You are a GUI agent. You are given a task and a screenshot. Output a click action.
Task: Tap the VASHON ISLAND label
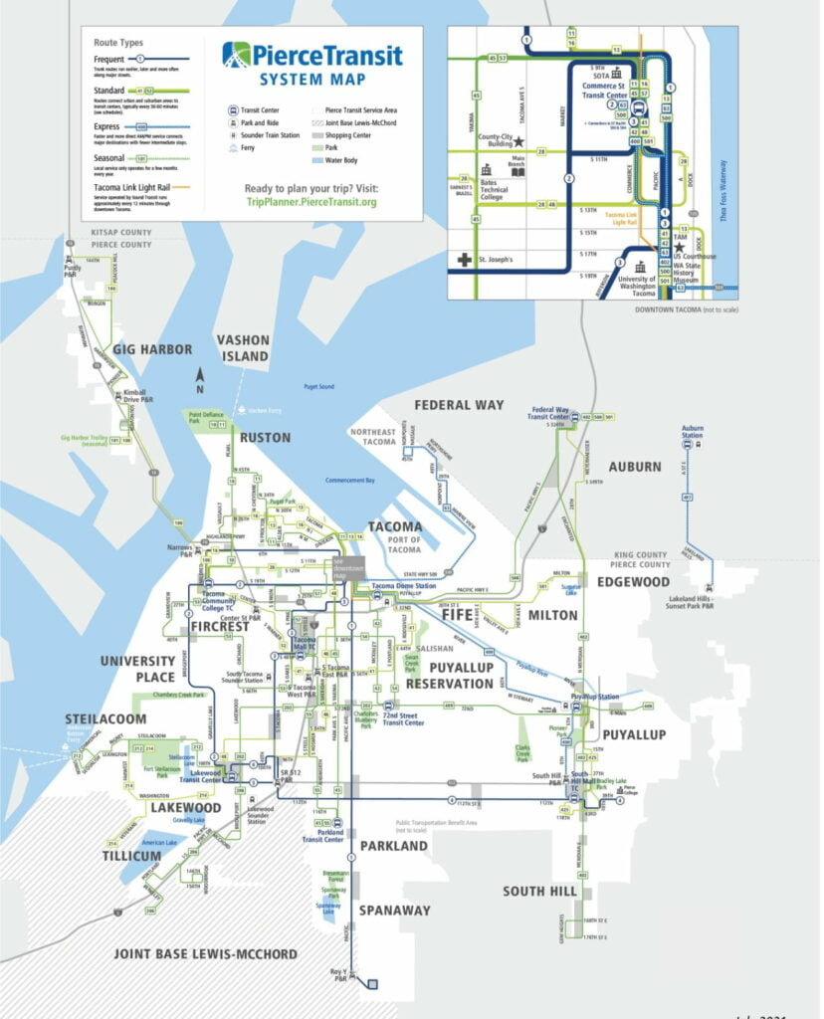click(x=244, y=348)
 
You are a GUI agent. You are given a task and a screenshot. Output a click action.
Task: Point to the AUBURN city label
click(x=634, y=466)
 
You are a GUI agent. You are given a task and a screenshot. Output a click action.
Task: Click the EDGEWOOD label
click(x=634, y=581)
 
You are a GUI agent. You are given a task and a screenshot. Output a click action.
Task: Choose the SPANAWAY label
click(x=394, y=910)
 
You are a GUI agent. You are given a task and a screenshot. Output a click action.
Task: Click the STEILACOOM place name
click(x=106, y=718)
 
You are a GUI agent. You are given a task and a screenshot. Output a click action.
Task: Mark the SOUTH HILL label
click(x=538, y=891)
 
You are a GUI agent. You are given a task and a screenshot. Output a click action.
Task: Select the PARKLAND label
click(x=393, y=846)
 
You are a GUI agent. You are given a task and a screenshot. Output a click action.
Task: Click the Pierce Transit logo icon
click(x=237, y=55)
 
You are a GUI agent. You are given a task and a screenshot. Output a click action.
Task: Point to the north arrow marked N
click(x=200, y=376)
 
